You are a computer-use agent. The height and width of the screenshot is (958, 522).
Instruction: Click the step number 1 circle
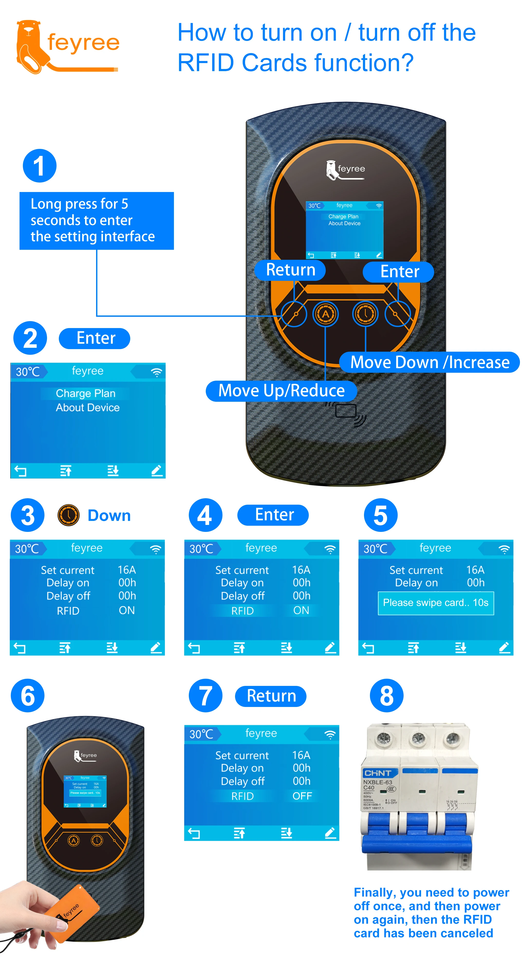40,166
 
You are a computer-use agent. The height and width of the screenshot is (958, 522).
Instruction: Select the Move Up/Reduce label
281,390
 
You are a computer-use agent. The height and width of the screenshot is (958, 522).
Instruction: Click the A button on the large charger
325,314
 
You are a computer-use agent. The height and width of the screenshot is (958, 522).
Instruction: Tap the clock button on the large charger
365,314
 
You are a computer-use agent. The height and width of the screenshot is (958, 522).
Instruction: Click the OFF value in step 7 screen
302,796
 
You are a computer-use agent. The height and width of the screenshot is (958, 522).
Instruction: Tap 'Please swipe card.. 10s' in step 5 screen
436,603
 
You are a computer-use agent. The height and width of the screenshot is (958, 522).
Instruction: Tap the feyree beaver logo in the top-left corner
32,46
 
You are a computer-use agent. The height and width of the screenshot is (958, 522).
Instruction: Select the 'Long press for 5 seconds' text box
96,221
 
